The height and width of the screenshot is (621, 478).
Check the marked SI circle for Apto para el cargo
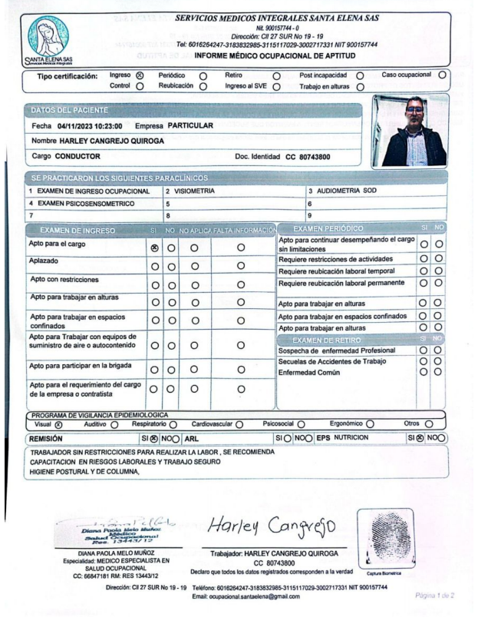154,248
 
